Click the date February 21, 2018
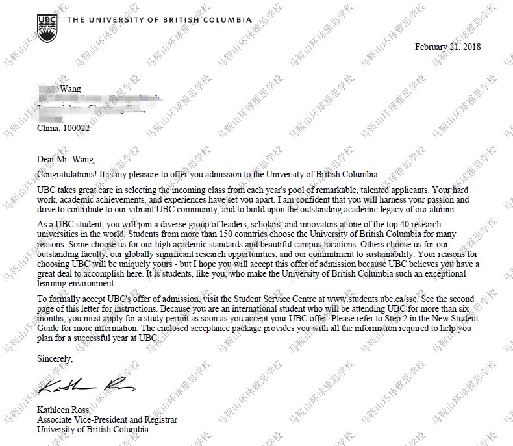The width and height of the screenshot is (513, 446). [447, 47]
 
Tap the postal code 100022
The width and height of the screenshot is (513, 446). [76, 129]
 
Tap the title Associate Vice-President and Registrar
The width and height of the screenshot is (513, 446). [107, 419]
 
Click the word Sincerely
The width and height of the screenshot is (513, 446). [55, 358]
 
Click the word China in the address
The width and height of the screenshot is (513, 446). [48, 129]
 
